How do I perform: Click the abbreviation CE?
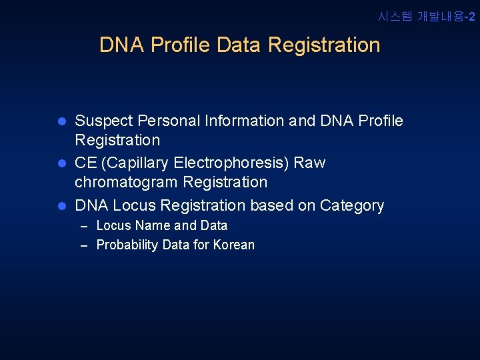85,163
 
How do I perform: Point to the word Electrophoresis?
215,163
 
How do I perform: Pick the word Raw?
310,163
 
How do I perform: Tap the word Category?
352,205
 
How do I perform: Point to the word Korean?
233,245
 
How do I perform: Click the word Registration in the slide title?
324,45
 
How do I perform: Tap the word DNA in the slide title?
123,45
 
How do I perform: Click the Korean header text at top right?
427,17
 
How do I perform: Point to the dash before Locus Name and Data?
85,227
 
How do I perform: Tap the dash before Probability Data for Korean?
85,246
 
